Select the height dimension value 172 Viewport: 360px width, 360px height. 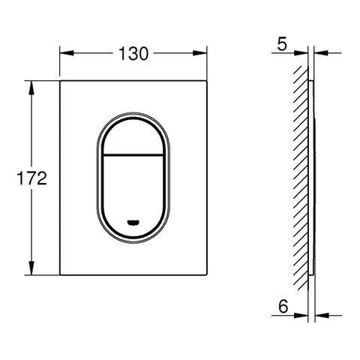pyautogui.click(x=33, y=178)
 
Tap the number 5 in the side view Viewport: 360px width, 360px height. pyautogui.click(x=281, y=43)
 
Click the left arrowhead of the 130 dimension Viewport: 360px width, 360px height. pyautogui.click(x=64, y=53)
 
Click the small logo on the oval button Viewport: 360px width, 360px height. pyautogui.click(x=133, y=221)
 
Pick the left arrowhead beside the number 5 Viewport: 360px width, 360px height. pyautogui.click(x=301, y=52)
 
